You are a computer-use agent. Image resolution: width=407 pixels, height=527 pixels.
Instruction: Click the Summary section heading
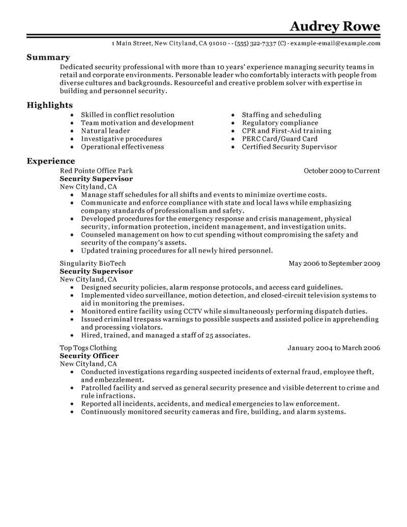[x=48, y=58]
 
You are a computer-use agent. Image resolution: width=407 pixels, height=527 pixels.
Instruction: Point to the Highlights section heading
[x=50, y=105]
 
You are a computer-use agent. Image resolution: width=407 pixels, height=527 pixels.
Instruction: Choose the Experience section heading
[x=51, y=161]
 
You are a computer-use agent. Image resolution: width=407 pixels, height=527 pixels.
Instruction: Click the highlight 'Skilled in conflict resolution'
[x=128, y=115]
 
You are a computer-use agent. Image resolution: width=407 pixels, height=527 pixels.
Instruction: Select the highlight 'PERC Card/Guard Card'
[x=279, y=138]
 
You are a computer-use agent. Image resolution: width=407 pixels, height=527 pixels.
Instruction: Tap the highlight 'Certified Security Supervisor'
[x=289, y=147]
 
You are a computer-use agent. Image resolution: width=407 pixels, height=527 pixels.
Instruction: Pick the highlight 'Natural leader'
[x=105, y=130]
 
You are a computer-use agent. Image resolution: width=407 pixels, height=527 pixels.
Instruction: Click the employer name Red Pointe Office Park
[x=96, y=171]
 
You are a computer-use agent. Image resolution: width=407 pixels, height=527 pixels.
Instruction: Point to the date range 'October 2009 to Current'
[x=342, y=171]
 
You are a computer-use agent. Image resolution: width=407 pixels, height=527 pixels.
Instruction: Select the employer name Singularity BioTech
[x=93, y=263]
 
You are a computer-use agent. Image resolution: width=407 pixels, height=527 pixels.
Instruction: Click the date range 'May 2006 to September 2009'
[x=334, y=263]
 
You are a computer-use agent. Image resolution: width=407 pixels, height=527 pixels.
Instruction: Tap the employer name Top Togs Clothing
[x=88, y=348]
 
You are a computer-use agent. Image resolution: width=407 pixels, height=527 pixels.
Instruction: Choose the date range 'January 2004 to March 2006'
[x=334, y=348]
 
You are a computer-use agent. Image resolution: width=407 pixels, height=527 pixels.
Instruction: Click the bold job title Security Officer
[x=89, y=356]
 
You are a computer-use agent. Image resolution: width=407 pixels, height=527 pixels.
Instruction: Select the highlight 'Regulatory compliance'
[x=280, y=123]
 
